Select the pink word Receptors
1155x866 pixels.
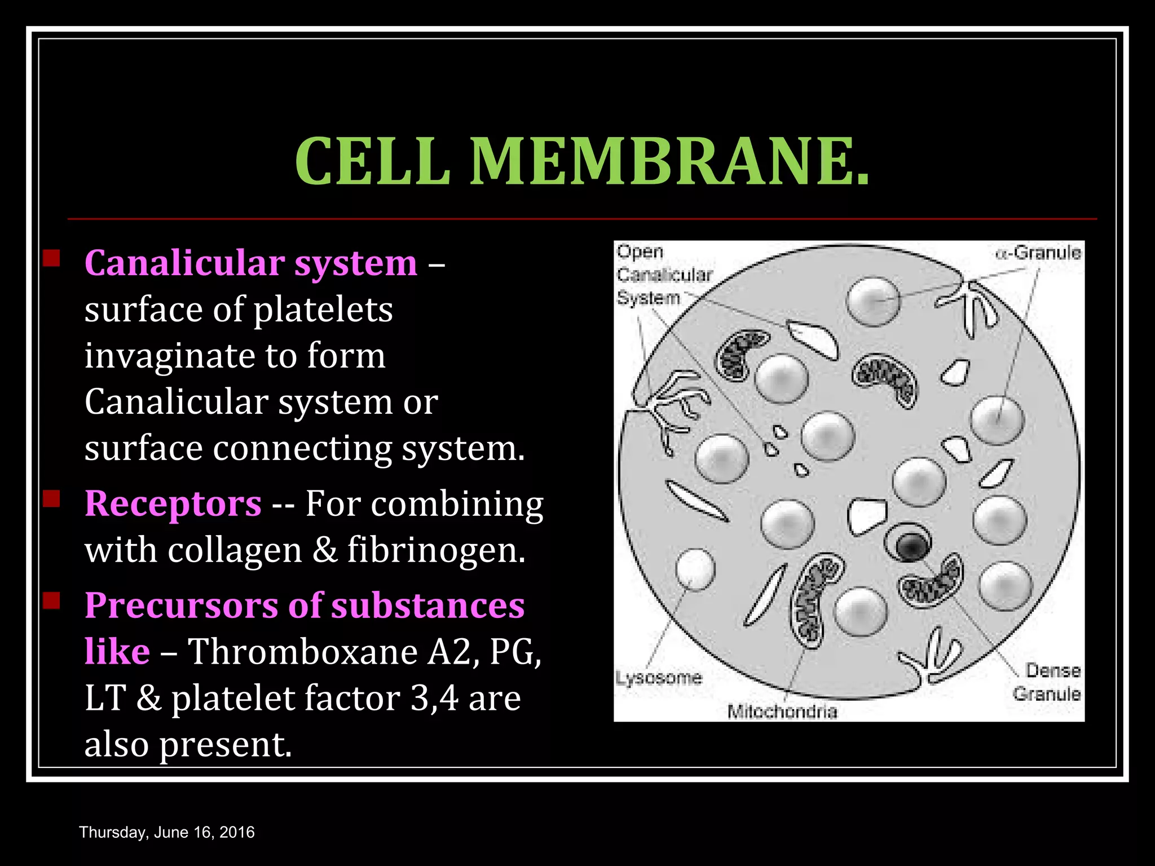(x=173, y=503)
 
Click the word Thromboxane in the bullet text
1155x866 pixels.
(x=303, y=652)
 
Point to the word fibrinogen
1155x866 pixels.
(x=436, y=549)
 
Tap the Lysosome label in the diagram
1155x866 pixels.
(x=659, y=677)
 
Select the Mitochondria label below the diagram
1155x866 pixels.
(x=782, y=712)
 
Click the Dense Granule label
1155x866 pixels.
(x=1047, y=682)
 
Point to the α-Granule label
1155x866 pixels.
(x=1039, y=252)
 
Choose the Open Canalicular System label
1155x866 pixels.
(x=663, y=275)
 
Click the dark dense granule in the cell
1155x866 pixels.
(x=909, y=545)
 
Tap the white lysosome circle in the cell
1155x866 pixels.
(x=695, y=569)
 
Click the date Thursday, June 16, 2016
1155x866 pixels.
(x=167, y=832)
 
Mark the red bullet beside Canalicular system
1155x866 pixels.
(x=52, y=258)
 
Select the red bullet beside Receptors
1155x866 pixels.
(x=52, y=498)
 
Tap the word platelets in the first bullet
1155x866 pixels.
(x=323, y=310)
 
